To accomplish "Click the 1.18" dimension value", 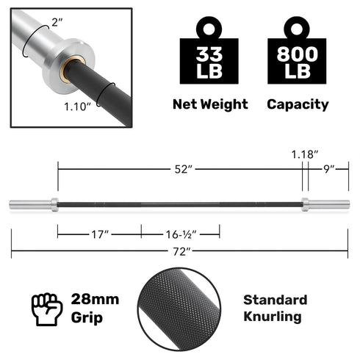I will pyautogui.click(x=303, y=155).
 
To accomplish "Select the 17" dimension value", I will pyautogui.click(x=99, y=234).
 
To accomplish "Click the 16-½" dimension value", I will pyautogui.click(x=180, y=234).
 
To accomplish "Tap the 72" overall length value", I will pyautogui.click(x=180, y=251).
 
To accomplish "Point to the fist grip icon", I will pyautogui.click(x=46, y=309).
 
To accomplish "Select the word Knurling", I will pyautogui.click(x=272, y=317).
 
